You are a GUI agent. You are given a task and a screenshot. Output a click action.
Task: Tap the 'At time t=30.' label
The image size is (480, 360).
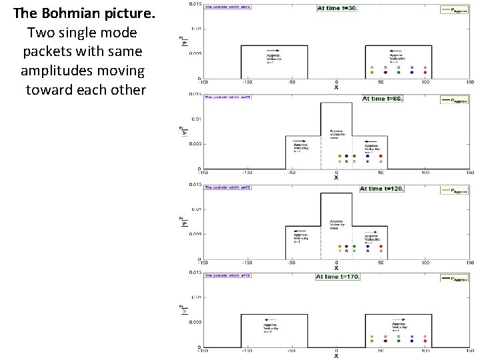(x=337, y=8)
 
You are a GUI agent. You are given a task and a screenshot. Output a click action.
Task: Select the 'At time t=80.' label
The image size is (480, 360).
(x=382, y=98)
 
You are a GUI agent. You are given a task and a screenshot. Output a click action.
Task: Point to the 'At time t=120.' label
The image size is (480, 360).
(x=381, y=189)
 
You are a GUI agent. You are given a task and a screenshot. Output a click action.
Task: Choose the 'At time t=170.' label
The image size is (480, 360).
(x=337, y=277)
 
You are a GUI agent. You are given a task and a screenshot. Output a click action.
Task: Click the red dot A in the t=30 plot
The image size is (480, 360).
(x=425, y=72)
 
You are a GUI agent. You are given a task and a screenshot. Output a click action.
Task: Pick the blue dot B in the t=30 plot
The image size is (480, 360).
(x=412, y=72)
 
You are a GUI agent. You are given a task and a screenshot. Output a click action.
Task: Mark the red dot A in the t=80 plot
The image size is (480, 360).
(x=380, y=156)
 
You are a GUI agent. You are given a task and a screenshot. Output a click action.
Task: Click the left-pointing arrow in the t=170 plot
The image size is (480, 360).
(x=271, y=319)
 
